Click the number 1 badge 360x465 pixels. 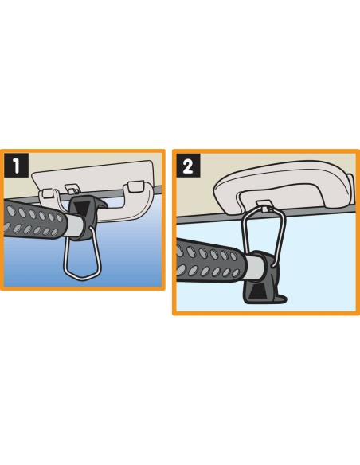16,165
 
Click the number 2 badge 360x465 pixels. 188,166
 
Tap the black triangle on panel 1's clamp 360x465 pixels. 80,207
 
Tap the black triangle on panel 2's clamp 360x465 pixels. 256,293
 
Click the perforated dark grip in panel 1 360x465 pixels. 33,219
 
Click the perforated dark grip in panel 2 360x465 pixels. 209,260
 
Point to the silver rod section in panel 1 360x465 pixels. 75,226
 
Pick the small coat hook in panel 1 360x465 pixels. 71,189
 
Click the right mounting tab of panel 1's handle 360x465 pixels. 135,186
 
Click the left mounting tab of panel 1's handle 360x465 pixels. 48,193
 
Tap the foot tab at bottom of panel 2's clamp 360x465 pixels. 280,299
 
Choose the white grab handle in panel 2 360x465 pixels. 284,186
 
